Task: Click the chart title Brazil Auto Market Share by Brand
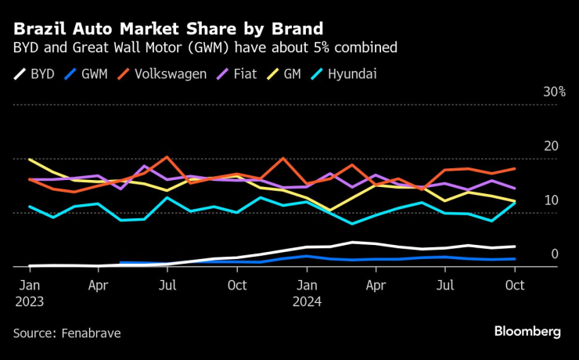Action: (167, 29)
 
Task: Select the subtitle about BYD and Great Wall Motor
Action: (204, 49)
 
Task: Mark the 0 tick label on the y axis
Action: (555, 254)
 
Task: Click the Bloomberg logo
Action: (527, 332)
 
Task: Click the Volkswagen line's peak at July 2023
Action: (167, 157)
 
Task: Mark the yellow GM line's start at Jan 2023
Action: (30, 160)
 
